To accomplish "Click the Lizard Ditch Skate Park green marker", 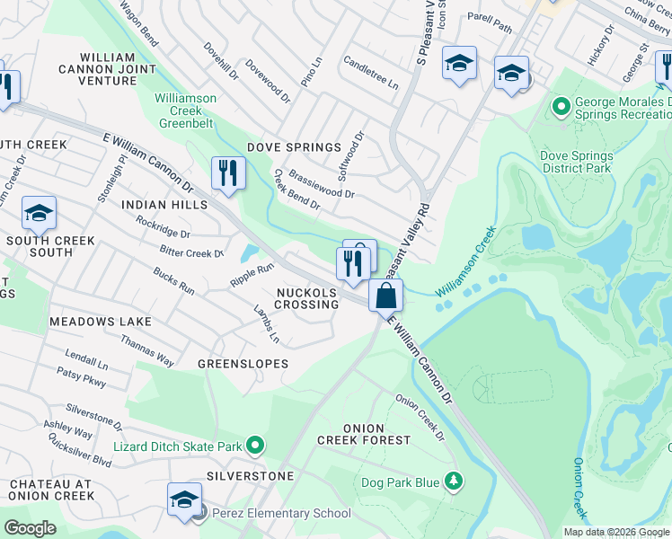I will (x=255, y=446).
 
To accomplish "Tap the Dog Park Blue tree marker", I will (x=455, y=482).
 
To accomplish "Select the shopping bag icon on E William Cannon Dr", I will (x=385, y=295).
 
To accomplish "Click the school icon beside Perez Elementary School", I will (x=184, y=499).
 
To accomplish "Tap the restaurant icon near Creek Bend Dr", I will (x=228, y=172).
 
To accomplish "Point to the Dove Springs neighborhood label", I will (x=300, y=147).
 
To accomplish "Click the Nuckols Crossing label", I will (x=307, y=299).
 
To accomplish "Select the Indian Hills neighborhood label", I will (x=164, y=205).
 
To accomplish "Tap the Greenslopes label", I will (x=243, y=364).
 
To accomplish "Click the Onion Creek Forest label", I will (x=364, y=434).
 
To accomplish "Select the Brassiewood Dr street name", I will (x=322, y=184).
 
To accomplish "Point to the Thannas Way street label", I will (x=147, y=350).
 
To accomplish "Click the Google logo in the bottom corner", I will (x=30, y=528).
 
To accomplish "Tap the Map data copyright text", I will (x=616, y=532).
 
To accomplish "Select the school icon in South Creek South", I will (x=39, y=213).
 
